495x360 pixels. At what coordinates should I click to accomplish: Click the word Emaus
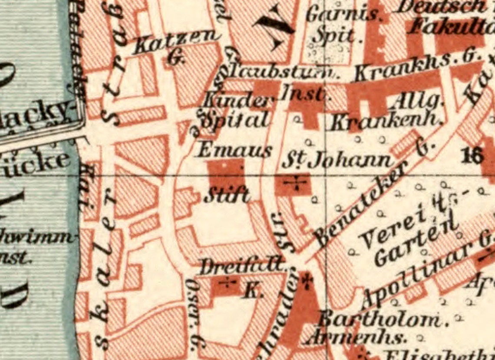(234, 151)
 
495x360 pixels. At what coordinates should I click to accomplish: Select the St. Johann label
(337, 161)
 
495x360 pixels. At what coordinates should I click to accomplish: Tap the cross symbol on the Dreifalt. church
(228, 283)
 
